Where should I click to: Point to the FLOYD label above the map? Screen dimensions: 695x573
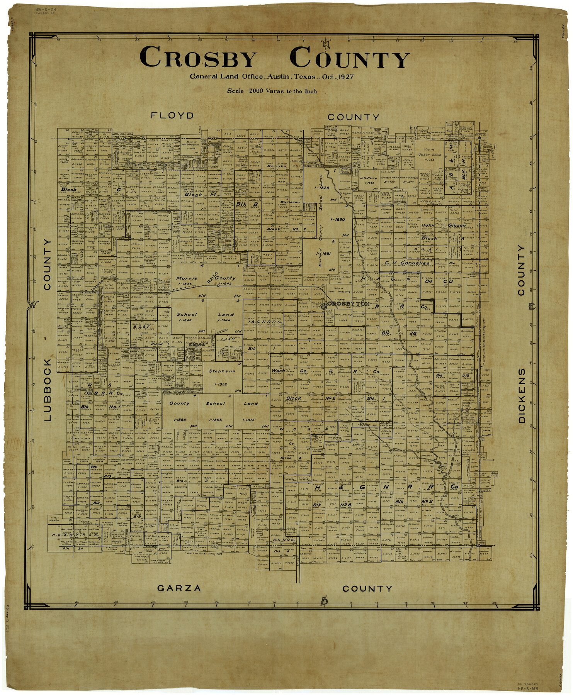point(172,115)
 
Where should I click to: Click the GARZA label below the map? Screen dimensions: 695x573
point(179,588)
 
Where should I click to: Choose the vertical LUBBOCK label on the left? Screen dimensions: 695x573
point(47,390)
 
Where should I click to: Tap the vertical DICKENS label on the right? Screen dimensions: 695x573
point(522,395)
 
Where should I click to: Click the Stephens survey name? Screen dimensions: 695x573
point(222,371)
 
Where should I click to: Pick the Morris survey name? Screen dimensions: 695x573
point(187,278)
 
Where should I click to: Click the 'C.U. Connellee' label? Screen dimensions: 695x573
point(407,263)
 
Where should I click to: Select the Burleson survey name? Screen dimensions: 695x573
point(290,202)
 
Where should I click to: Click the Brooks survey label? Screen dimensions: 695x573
point(276,166)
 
